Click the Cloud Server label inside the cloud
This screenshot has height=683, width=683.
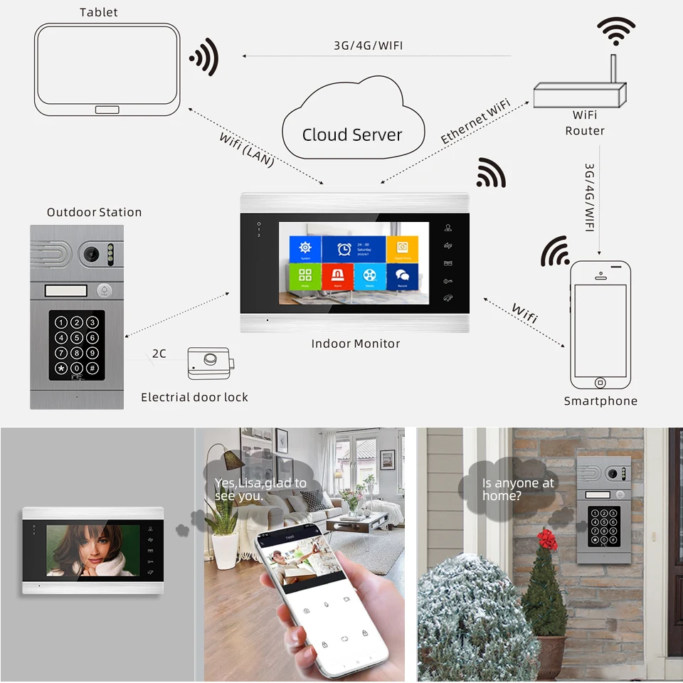352,134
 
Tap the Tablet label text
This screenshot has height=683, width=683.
99,12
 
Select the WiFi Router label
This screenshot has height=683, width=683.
585,122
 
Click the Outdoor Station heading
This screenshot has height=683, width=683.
94,212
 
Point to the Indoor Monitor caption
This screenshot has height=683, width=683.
356,344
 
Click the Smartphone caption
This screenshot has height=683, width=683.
600,401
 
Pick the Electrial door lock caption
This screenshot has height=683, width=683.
194,397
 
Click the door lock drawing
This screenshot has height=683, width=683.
210,363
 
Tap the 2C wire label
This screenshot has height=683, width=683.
159,353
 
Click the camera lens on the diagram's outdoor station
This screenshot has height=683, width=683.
90,253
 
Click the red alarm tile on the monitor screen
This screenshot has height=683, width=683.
337,275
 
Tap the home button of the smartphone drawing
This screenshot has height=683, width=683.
600,383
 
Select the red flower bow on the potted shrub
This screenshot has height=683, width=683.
547,539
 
